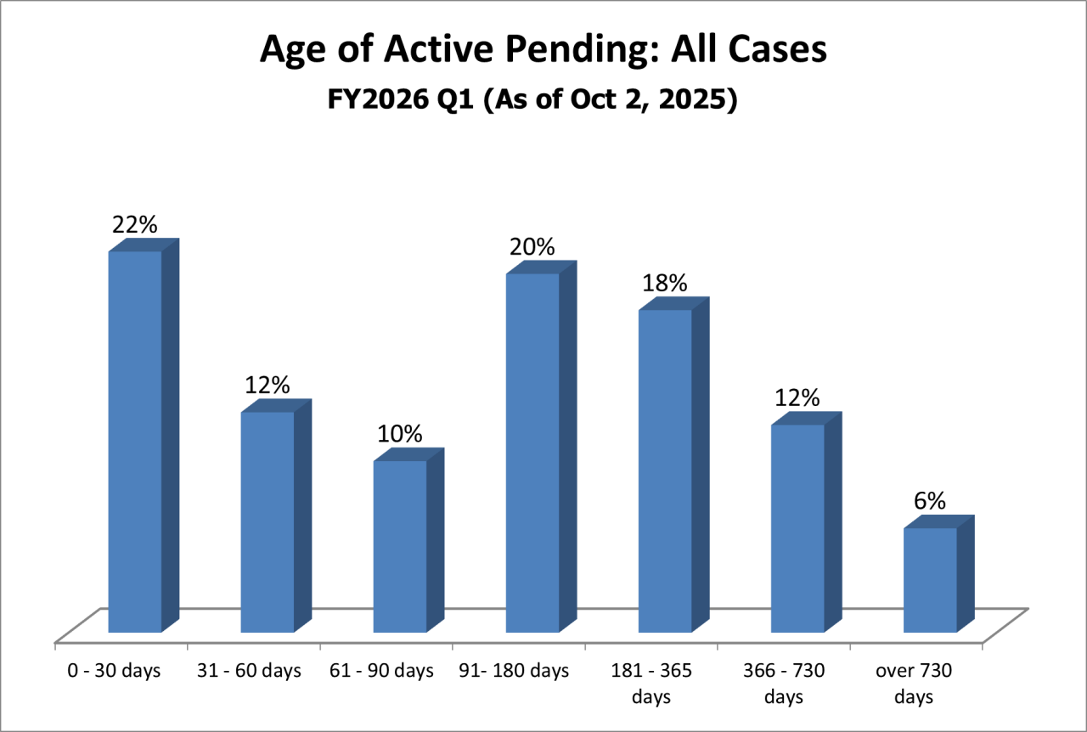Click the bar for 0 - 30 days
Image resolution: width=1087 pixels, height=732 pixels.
point(135,442)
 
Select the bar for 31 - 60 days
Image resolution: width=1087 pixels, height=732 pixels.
point(268,522)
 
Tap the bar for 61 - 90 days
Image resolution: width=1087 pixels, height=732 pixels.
point(400,546)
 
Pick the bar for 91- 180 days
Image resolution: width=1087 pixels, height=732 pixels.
point(532,453)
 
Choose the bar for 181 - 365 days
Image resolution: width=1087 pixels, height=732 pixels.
point(665,471)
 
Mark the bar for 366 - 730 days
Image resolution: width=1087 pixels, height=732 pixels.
point(797,528)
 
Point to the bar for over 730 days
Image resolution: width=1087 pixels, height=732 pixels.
point(930,580)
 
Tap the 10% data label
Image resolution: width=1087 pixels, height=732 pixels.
point(400,434)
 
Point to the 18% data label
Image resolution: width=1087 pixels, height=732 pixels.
point(665,283)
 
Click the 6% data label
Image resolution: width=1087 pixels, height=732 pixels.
point(930,501)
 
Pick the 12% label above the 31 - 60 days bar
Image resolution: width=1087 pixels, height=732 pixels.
point(268,385)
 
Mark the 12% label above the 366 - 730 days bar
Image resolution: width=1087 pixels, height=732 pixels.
point(797,397)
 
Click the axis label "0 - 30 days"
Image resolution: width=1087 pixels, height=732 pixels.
point(115,671)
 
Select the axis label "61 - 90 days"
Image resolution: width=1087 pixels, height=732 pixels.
point(381,671)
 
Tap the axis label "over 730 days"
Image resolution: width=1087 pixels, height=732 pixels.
point(915,684)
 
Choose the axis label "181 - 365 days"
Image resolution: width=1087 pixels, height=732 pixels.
point(651,684)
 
